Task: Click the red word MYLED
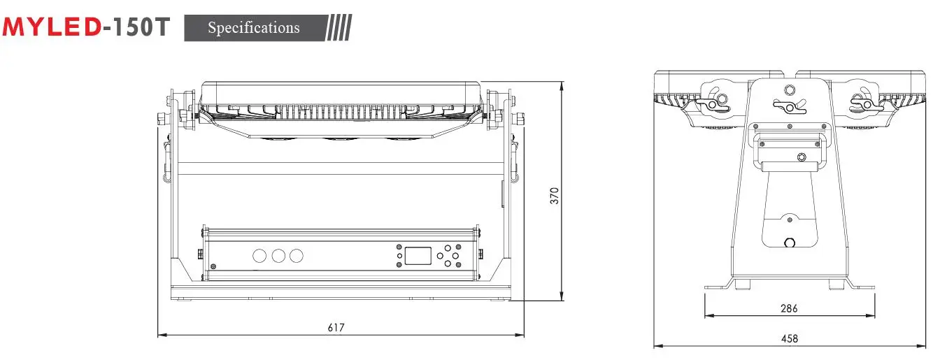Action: pyautogui.click(x=52, y=28)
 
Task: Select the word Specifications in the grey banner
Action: pyautogui.click(x=253, y=28)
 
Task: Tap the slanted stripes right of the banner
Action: pyautogui.click(x=339, y=28)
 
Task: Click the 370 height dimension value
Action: pyautogui.click(x=554, y=195)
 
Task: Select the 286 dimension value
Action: pyautogui.click(x=788, y=308)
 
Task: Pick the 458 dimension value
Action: pyautogui.click(x=788, y=338)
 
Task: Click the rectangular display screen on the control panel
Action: pyautogui.click(x=418, y=255)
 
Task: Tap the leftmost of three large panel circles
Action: pyautogui.click(x=259, y=256)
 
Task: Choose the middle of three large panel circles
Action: pyautogui.click(x=278, y=256)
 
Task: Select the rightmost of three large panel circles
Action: pyautogui.click(x=297, y=256)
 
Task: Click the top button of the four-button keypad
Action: pyautogui.click(x=448, y=247)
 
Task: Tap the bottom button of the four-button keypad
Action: pyautogui.click(x=448, y=264)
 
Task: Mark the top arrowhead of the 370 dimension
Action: pyautogui.click(x=562, y=85)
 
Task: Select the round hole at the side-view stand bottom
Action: pyautogui.click(x=790, y=243)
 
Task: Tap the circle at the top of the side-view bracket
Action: pyautogui.click(x=790, y=89)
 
